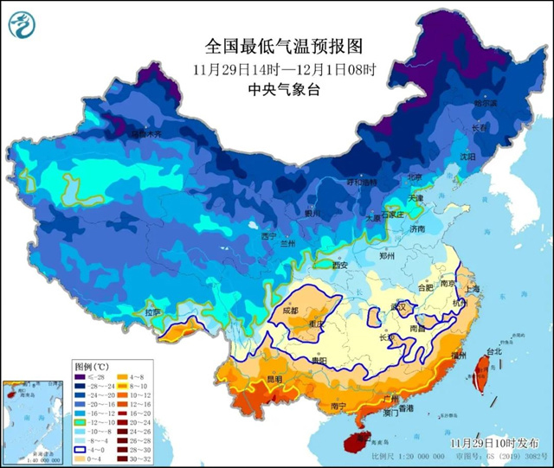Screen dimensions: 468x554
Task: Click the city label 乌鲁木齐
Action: click(x=145, y=134)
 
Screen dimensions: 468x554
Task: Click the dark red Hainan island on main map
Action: click(x=354, y=442)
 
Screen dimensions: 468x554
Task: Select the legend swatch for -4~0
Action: click(x=80, y=450)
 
